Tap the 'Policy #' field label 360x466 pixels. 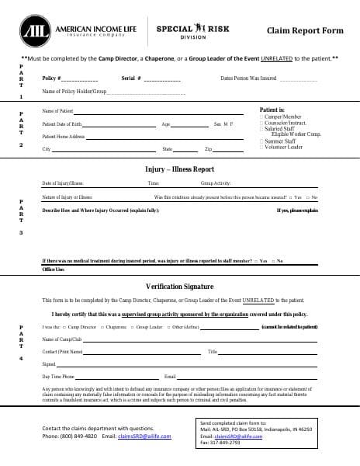(51, 79)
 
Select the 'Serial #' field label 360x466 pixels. (131, 79)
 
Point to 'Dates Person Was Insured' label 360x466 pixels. (248, 79)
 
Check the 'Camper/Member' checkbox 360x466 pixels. (261, 117)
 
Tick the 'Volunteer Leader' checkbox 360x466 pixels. (261, 147)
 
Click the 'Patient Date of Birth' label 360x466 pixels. (62, 124)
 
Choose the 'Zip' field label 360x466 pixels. (208, 148)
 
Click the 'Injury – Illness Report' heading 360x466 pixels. (179, 169)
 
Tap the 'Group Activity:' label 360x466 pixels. (216, 183)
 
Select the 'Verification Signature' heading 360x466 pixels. (179, 286)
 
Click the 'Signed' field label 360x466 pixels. (48, 363)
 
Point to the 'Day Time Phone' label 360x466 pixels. (57, 376)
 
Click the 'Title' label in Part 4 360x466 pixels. (213, 352)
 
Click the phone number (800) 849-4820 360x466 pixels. (80, 436)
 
